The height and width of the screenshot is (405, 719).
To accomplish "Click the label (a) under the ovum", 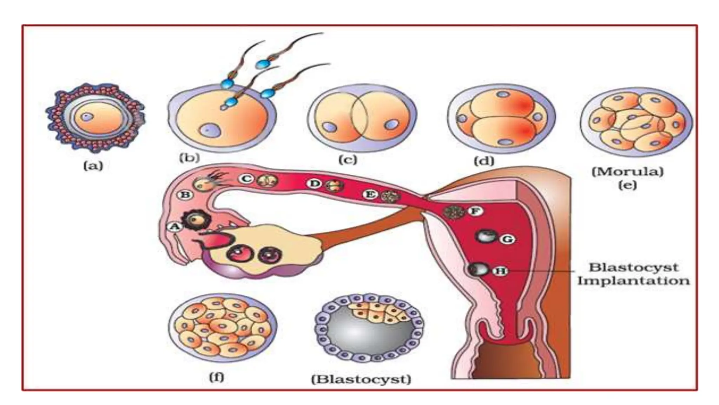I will coord(93,165).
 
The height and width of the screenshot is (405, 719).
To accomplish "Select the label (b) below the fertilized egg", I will coord(189,157).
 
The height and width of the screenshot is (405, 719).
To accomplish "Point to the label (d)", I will coord(484,161).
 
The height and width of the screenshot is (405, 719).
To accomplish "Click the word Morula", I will coord(627,172).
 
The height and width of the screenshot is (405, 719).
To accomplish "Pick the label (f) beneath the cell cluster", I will coord(216,377).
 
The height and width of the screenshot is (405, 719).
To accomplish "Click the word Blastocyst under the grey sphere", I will coord(361,379).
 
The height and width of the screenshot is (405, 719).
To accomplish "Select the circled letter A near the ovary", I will coord(174,227).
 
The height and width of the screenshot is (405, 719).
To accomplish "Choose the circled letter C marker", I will coord(246,179).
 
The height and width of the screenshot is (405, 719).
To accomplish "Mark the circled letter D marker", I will coord(314,184).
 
